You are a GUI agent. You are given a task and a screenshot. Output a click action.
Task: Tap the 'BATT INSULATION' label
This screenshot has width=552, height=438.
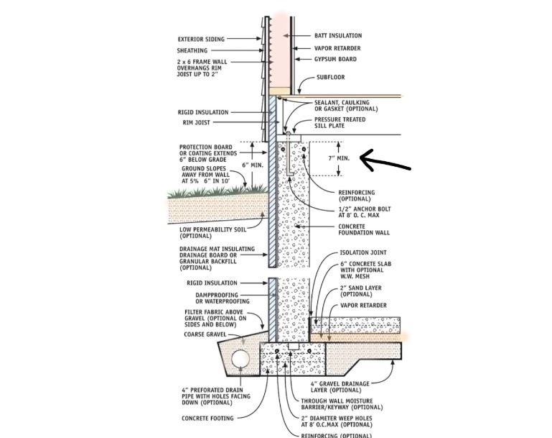click(338, 35)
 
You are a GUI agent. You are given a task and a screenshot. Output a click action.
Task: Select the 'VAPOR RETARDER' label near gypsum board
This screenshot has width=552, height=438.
click(337, 47)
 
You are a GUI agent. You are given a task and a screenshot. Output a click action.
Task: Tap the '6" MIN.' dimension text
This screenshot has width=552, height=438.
click(253, 165)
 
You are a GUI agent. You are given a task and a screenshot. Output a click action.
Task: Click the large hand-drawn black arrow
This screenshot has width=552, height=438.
click(383, 160)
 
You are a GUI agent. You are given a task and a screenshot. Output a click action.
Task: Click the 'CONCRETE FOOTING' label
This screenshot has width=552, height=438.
click(203, 416)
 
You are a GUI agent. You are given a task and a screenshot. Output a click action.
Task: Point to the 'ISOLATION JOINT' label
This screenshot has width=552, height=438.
click(363, 254)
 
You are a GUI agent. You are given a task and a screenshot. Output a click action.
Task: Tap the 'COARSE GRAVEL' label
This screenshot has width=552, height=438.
click(204, 332)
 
